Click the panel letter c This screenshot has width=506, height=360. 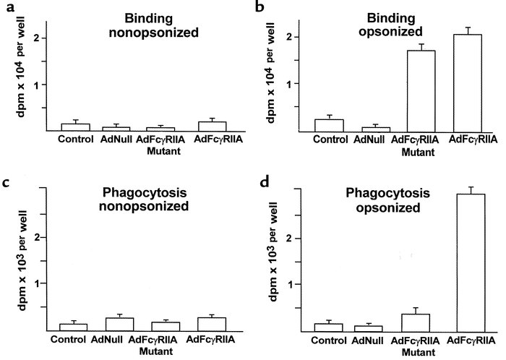(7, 184)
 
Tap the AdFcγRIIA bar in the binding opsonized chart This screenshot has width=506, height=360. (466, 83)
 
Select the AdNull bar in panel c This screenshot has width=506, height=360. (119, 324)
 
